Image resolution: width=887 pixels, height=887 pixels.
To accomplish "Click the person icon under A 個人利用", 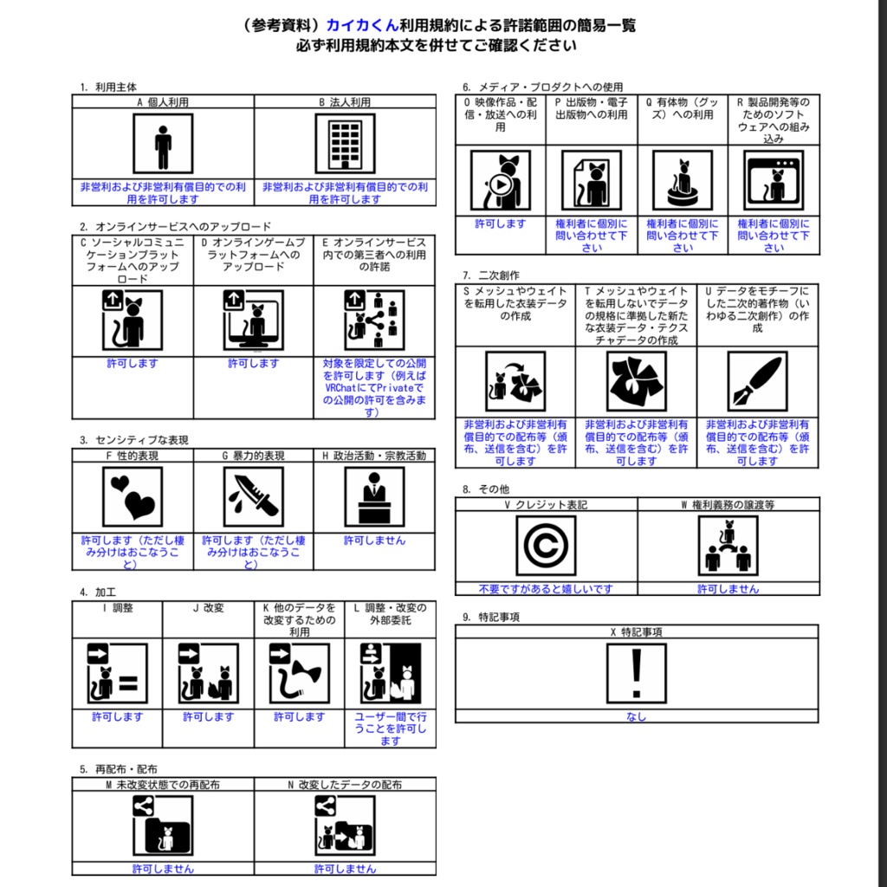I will point(163,144).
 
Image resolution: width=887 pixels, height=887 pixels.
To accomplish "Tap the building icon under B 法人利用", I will point(345,144).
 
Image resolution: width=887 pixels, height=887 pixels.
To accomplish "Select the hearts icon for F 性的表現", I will point(133,497).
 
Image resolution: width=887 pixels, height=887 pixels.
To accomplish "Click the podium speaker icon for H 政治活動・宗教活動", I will point(374,497).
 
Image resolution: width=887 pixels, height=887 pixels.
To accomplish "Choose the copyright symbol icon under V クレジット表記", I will point(546,546).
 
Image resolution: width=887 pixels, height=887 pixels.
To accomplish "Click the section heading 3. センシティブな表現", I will point(134,440).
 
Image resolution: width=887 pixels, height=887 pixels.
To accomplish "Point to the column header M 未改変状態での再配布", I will point(163,785).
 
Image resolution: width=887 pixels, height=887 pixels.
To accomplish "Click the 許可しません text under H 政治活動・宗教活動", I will point(374,541).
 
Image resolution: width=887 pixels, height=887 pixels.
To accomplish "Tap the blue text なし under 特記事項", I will point(637,717).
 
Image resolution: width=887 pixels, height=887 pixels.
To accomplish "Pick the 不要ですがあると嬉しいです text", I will point(546,589).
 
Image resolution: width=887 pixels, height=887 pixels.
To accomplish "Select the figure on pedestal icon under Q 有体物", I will point(683,182).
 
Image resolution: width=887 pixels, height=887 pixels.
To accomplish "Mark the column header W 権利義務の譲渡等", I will point(728,504).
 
